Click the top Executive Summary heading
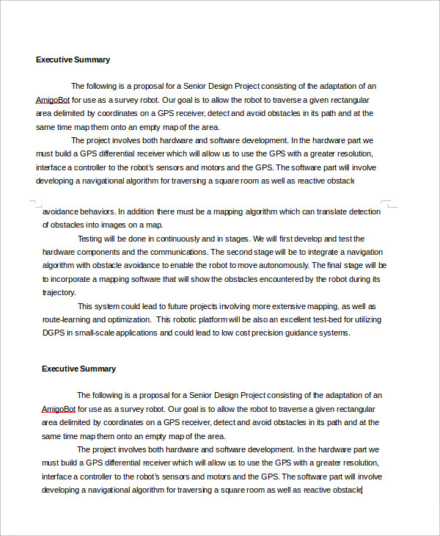coord(73,59)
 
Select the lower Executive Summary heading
coord(78,369)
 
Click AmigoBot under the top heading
coord(52,100)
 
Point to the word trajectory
coord(59,292)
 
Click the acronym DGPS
coord(54,333)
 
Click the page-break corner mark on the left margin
coord(32,203)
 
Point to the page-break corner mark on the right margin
coord(388,203)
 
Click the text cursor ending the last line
coord(362,489)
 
